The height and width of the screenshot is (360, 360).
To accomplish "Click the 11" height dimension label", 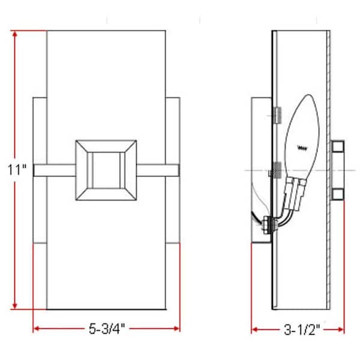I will (17, 170).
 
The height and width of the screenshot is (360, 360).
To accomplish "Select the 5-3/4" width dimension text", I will (106, 329).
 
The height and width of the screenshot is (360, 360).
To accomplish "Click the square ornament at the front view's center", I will (107, 170).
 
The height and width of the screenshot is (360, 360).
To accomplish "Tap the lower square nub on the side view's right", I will (337, 193).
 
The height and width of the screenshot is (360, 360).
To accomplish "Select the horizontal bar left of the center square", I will (54, 170).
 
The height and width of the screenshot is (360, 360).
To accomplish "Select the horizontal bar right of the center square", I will (160, 170).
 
